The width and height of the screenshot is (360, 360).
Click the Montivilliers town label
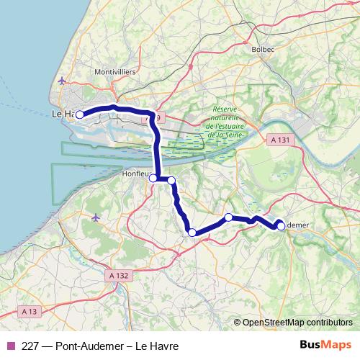point(115,72)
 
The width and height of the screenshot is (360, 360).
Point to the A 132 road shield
point(120,275)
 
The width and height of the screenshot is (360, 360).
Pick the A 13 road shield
point(29,311)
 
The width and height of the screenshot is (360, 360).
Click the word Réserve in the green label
point(225,110)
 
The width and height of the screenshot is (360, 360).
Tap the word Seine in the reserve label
point(227,134)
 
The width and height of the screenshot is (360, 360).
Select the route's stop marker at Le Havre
point(81,114)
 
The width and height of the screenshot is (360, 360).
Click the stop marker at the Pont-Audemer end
point(281,226)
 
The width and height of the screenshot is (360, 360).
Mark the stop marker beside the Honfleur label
point(153,179)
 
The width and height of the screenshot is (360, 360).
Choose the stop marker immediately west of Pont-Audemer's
point(228,217)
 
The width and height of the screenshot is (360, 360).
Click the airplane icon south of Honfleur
point(96,217)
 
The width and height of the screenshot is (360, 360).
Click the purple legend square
point(11,345)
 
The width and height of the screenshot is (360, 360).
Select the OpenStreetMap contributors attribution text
point(297,322)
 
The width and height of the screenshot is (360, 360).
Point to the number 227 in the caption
point(30,345)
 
